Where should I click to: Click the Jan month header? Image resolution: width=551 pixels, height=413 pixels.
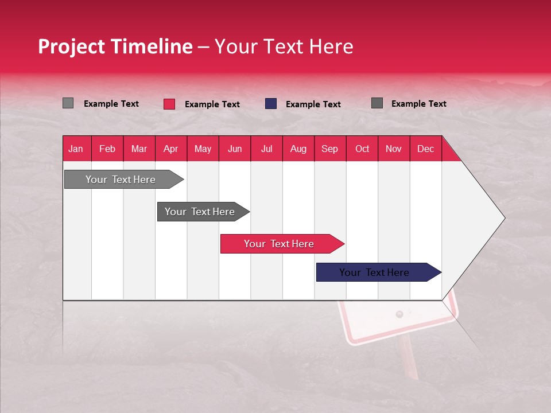click(76, 149)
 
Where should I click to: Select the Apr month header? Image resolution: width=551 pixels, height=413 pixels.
click(171, 149)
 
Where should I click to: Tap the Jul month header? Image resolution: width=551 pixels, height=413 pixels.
click(266, 149)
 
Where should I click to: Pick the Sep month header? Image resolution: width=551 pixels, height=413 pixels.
click(329, 149)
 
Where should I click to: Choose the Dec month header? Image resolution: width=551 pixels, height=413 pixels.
click(425, 149)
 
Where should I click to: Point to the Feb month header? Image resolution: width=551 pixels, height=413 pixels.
click(107, 149)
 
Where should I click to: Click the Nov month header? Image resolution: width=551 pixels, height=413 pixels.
click(394, 149)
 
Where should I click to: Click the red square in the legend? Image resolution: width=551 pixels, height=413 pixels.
click(169, 104)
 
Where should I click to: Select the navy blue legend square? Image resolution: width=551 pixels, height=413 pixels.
click(271, 104)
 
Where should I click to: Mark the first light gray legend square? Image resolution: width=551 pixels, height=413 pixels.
click(68, 103)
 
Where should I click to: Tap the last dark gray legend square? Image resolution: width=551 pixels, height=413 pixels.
click(377, 103)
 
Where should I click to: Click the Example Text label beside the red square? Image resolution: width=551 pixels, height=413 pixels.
click(212, 104)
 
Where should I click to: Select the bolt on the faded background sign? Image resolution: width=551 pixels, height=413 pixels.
click(399, 314)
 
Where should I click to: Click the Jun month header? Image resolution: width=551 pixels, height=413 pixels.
click(235, 149)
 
